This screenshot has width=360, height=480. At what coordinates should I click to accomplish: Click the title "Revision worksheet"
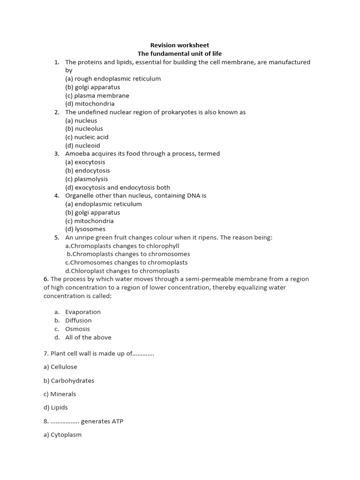tap(180, 45)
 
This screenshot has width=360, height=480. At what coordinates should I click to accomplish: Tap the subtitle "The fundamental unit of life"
tap(180, 54)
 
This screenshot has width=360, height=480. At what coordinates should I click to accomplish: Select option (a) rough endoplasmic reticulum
tap(113, 79)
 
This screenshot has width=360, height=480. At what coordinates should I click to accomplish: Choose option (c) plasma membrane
tap(97, 96)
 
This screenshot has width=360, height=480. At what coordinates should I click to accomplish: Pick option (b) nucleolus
tap(84, 129)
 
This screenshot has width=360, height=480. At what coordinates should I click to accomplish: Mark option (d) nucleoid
tap(82, 146)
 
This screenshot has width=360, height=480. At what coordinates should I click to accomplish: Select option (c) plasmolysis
tap(87, 179)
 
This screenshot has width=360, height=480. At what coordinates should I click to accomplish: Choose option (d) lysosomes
tap(85, 229)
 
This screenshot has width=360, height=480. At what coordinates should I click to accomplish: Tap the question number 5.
tap(56, 238)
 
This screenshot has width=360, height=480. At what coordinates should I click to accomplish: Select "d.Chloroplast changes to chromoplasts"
tap(122, 271)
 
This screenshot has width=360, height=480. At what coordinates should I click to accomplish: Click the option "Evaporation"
tap(83, 312)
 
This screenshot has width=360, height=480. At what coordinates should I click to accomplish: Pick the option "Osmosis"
tap(77, 329)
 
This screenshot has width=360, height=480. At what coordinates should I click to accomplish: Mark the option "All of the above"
tap(88, 337)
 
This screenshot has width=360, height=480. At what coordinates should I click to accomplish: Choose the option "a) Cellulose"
tap(60, 367)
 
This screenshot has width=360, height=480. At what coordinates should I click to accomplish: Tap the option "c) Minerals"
tap(60, 394)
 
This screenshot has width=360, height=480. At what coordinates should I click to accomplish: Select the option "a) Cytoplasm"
tap(62, 435)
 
